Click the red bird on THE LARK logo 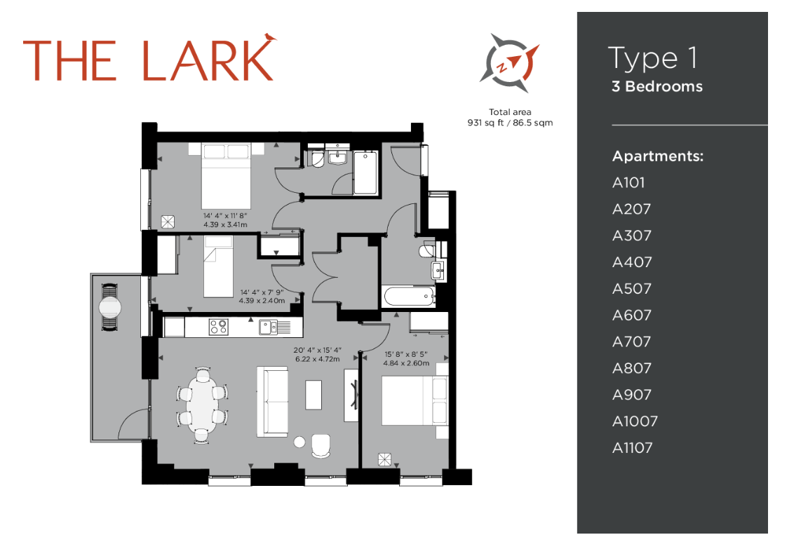(x=270, y=37)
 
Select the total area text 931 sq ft (x=485, y=123)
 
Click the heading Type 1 (x=653, y=58)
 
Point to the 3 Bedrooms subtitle (x=657, y=86)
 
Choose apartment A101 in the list (x=628, y=182)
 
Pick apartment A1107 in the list (x=632, y=447)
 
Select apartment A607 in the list (x=632, y=316)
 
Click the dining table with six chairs (x=202, y=405)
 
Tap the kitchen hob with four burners (x=219, y=327)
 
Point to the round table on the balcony (x=109, y=308)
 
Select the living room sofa (x=272, y=402)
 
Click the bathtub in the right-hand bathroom (x=409, y=297)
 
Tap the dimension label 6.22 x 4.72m (x=318, y=359)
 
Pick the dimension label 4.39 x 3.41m (x=225, y=224)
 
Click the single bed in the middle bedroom (x=219, y=266)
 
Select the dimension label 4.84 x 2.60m (x=406, y=363)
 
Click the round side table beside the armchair (x=299, y=441)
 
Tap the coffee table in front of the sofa (x=314, y=395)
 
